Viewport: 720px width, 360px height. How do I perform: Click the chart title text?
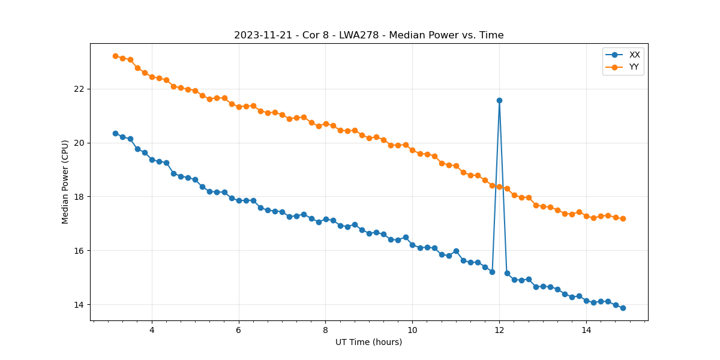tap(368, 35)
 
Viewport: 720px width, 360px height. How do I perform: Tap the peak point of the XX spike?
tap(499, 100)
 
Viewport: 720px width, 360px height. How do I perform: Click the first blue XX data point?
tap(115, 133)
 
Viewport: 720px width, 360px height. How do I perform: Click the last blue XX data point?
tap(623, 308)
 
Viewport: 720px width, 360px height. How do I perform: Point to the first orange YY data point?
tap(115, 56)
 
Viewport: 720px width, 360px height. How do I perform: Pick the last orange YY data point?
tap(623, 218)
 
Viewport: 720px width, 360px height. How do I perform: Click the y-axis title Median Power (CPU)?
tap(65, 182)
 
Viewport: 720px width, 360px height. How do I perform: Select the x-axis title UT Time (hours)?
tap(368, 342)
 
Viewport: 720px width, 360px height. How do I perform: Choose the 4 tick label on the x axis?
tap(152, 329)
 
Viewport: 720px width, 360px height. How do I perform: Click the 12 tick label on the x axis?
tap(499, 329)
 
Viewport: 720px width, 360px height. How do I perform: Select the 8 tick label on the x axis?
tap(325, 329)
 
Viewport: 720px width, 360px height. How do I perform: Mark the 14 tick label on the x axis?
tap(586, 329)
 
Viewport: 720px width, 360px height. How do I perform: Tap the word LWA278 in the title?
tap(359, 35)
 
